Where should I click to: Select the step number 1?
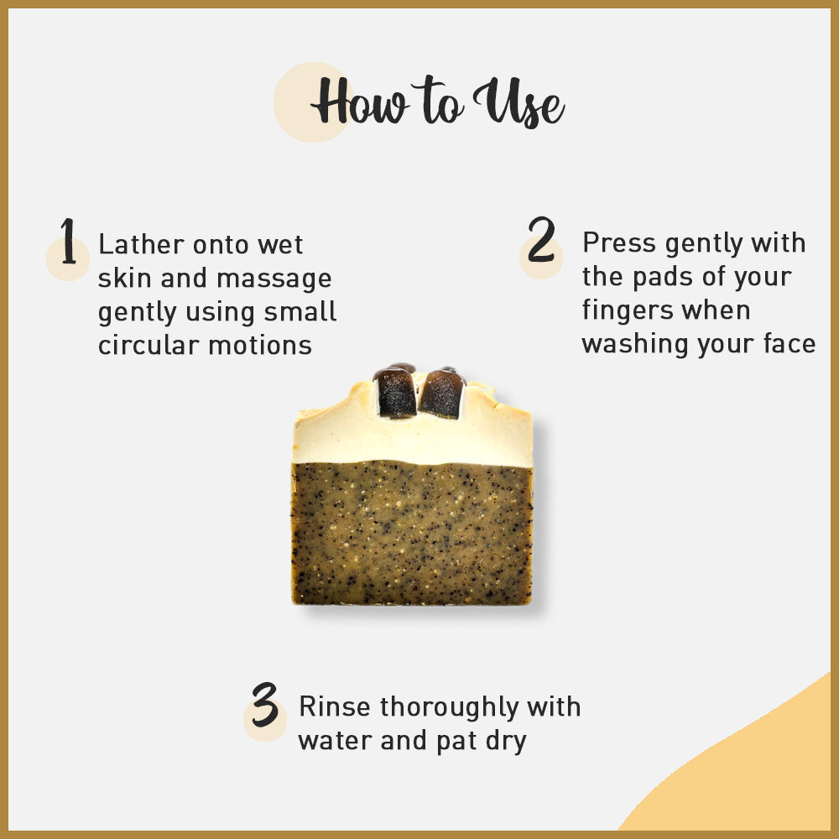pos(68,242)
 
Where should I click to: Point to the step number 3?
pos(264,705)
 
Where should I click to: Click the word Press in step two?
pos(619,243)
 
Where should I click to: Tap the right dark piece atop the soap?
pos(441,393)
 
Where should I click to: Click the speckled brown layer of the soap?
pos(411,533)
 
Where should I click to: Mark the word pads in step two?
pos(662,277)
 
